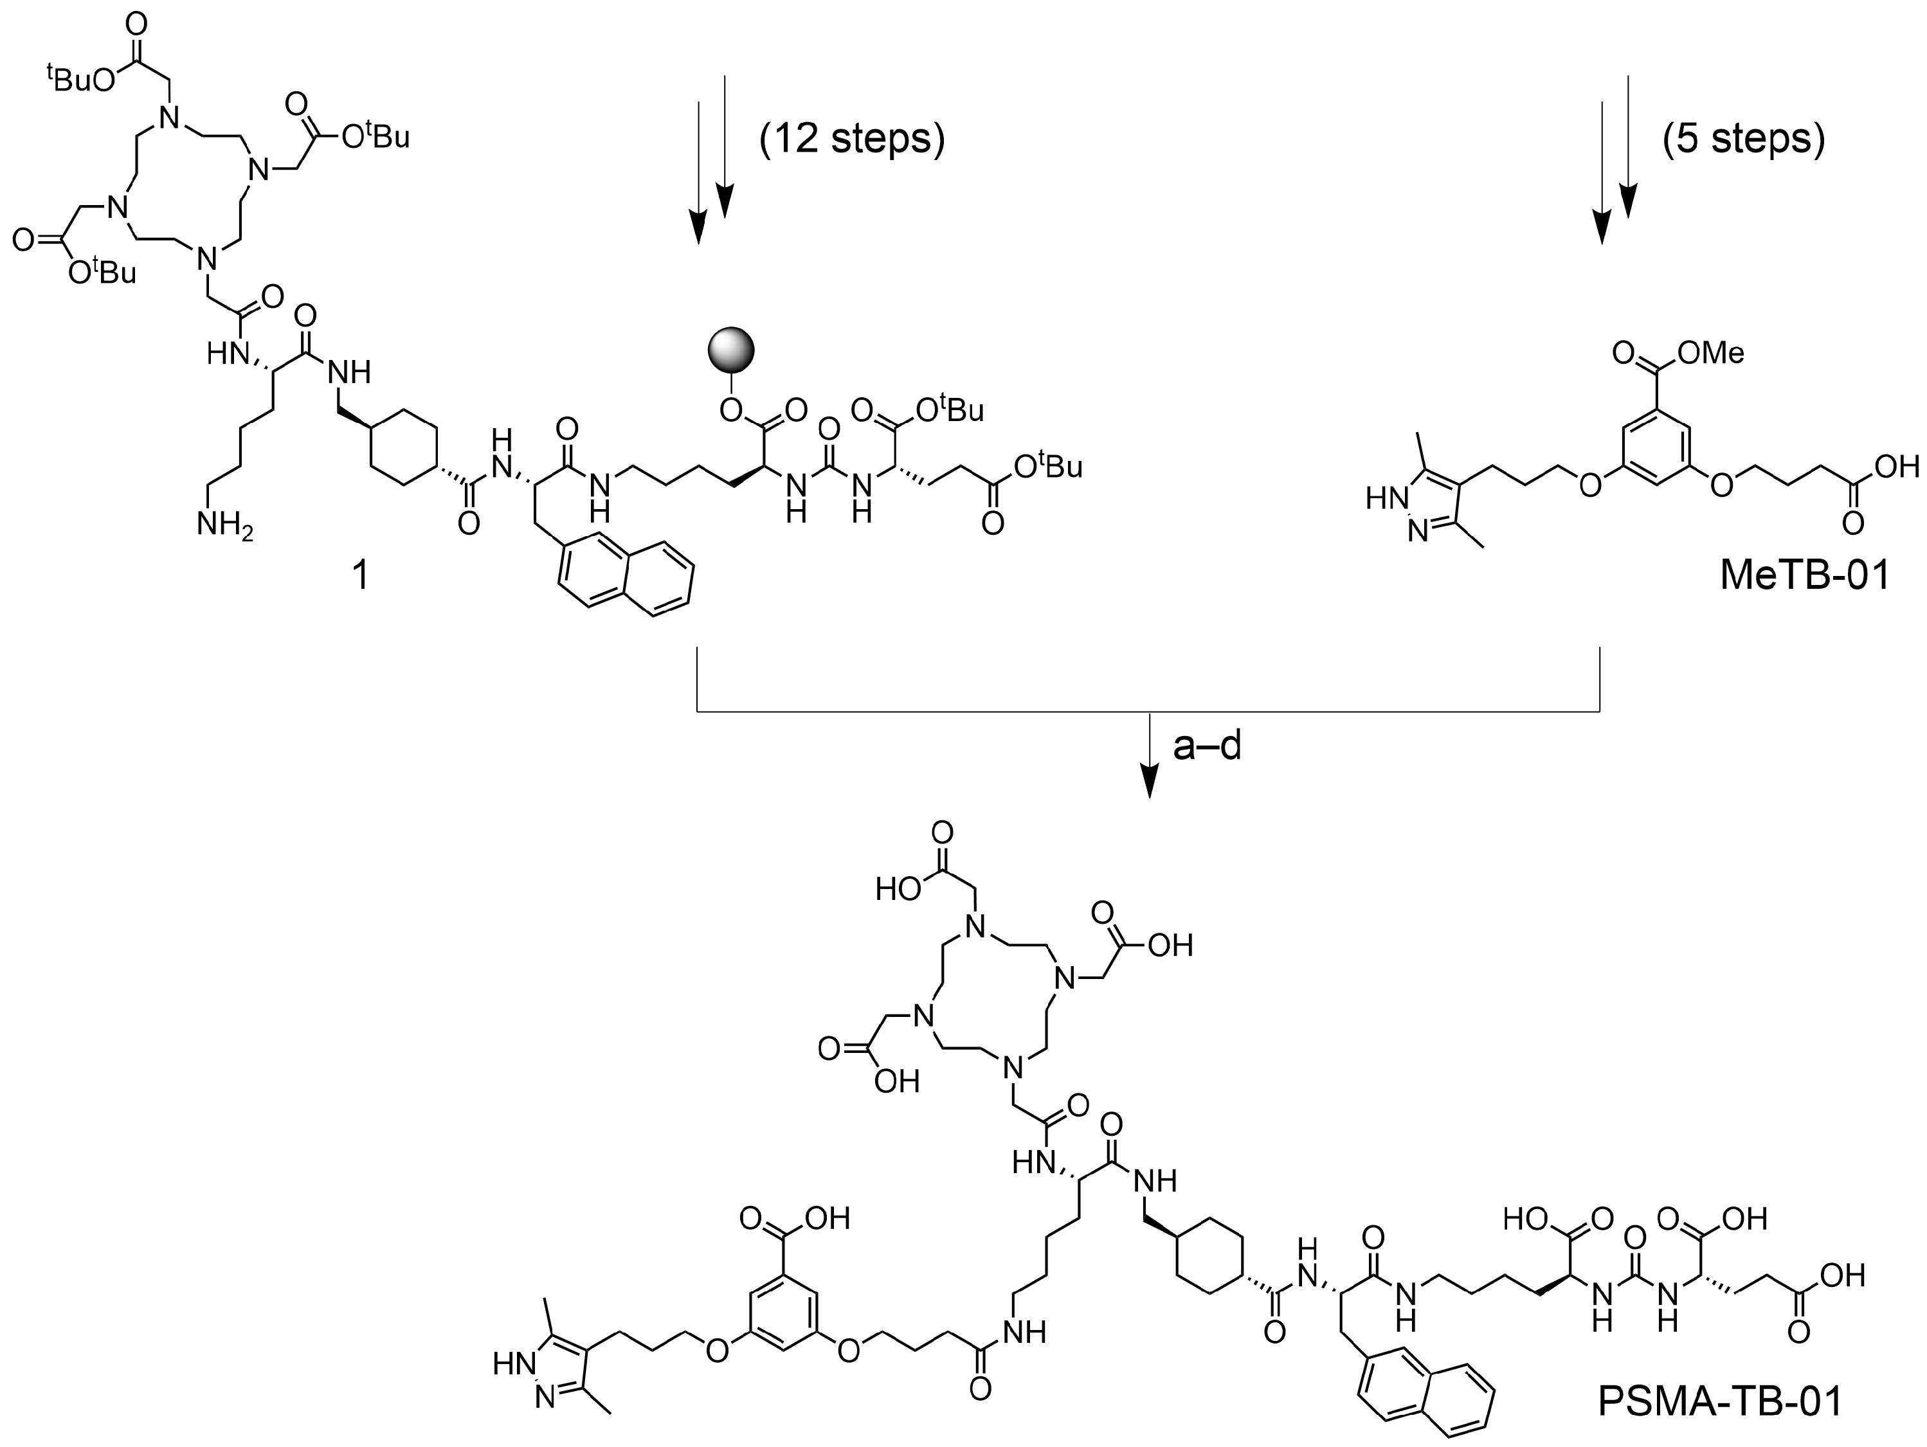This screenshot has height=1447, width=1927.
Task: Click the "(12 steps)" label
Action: click(852, 138)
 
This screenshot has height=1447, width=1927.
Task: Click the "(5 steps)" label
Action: click(1743, 138)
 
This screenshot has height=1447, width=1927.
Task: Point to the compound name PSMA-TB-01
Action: click(1720, 1402)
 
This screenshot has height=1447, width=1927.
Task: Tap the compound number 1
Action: click(358, 576)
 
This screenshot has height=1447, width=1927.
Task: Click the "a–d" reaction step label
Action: click(1207, 746)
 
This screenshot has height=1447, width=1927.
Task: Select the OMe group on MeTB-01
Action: click(1711, 352)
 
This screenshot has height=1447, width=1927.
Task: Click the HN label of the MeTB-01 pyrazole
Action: click(1385, 498)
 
